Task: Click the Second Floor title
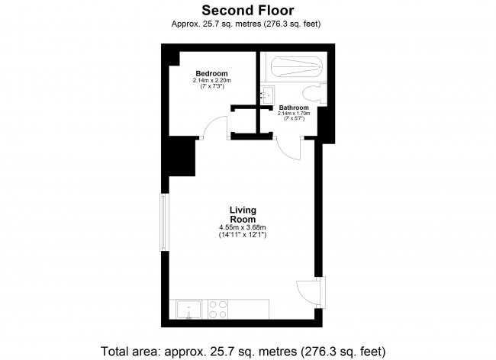(x=247, y=10)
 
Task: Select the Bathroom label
(x=294, y=108)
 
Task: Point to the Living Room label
(x=243, y=214)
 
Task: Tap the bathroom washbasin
(x=266, y=95)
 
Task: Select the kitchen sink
(x=188, y=309)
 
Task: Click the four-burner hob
(x=217, y=309)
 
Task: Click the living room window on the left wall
(x=162, y=221)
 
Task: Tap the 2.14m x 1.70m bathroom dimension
(x=294, y=114)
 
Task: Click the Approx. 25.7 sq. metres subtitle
(x=247, y=23)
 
